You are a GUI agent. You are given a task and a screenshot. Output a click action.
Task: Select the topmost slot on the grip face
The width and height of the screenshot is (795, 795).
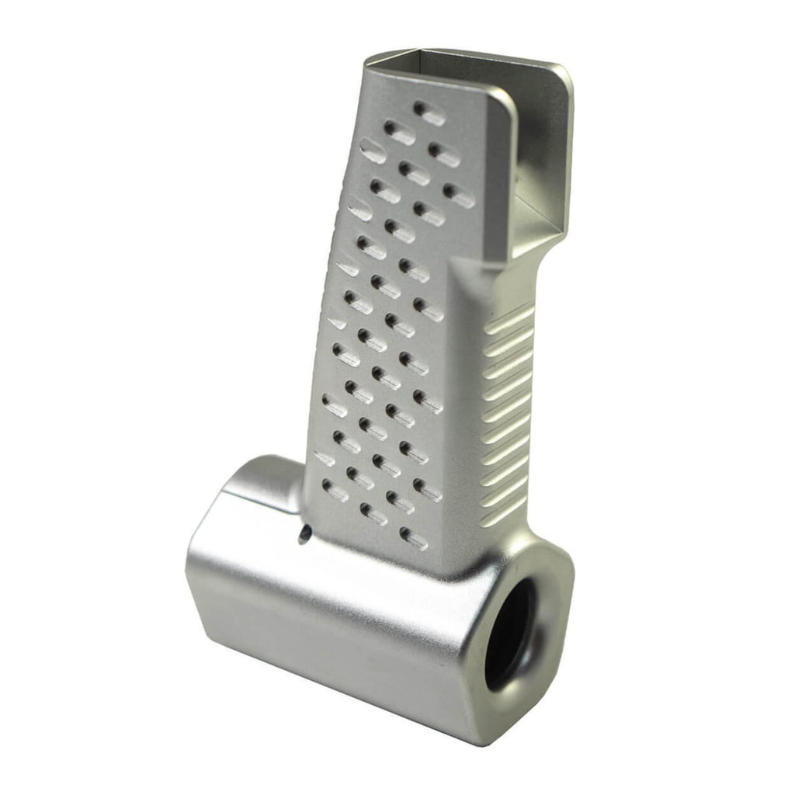[429, 113]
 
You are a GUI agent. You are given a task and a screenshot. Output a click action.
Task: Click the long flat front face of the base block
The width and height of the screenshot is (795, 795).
[326, 637]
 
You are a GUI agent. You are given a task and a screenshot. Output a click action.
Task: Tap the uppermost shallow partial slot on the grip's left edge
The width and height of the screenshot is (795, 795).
[373, 151]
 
